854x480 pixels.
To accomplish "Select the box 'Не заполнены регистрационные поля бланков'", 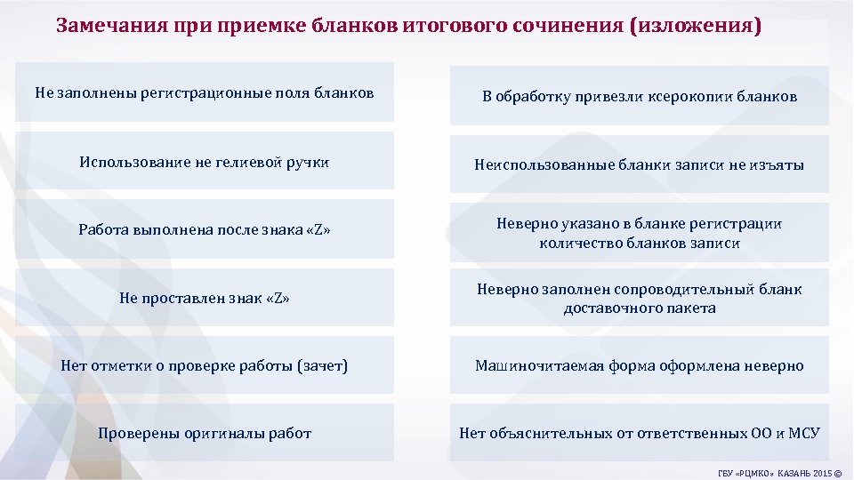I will pos(205,92).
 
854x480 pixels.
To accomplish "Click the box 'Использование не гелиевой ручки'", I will pos(205,162).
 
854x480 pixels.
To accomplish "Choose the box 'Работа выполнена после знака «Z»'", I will pos(205,229).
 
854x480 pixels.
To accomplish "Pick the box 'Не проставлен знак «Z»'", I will pos(205,298).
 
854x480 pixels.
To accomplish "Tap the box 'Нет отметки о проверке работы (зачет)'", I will pos(205,365).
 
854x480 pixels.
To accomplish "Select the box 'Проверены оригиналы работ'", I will pos(205,433).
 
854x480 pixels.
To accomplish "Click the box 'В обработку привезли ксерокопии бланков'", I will pos(640,96).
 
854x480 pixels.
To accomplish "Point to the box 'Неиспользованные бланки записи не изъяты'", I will pos(640,164).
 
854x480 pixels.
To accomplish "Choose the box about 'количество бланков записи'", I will pos(640,233).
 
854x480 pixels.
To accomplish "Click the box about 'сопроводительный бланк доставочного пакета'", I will pos(640,299).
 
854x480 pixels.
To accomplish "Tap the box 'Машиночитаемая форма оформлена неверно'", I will pos(640,365).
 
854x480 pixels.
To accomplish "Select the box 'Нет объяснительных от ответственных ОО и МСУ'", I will pos(640,433).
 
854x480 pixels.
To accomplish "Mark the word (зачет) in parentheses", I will pos(324,365).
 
